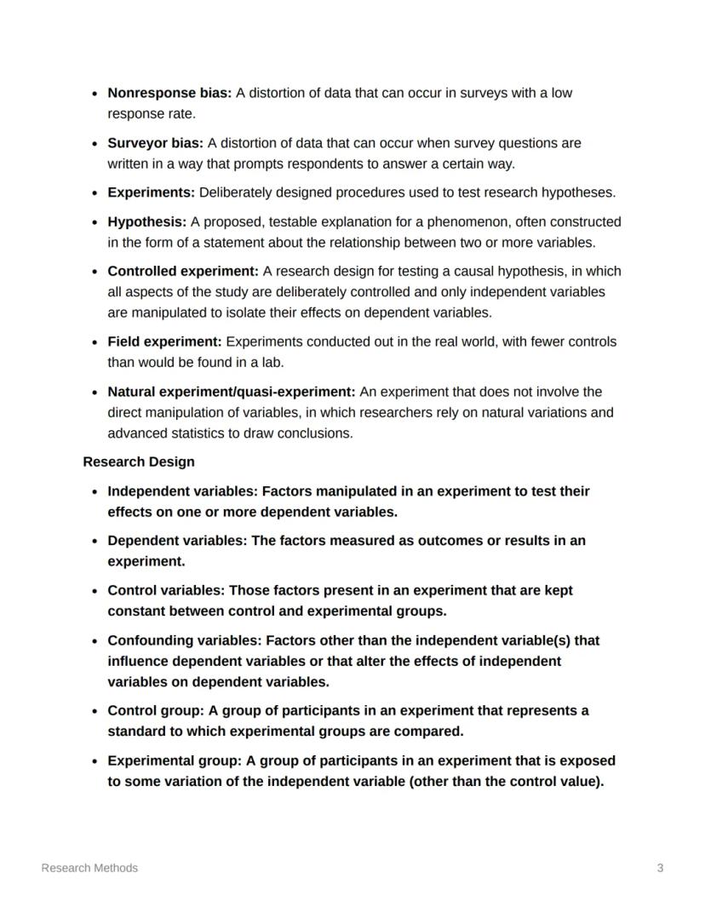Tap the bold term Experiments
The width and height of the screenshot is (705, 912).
(x=151, y=192)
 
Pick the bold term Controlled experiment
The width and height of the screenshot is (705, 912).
(x=182, y=271)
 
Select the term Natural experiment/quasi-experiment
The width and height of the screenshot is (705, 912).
(x=231, y=392)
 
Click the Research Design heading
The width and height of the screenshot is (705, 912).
(x=139, y=462)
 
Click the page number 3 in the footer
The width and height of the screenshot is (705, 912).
(x=660, y=868)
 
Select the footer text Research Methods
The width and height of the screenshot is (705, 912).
(x=89, y=868)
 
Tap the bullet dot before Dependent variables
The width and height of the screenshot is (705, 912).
(x=93, y=542)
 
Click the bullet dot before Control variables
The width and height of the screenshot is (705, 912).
(x=93, y=591)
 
